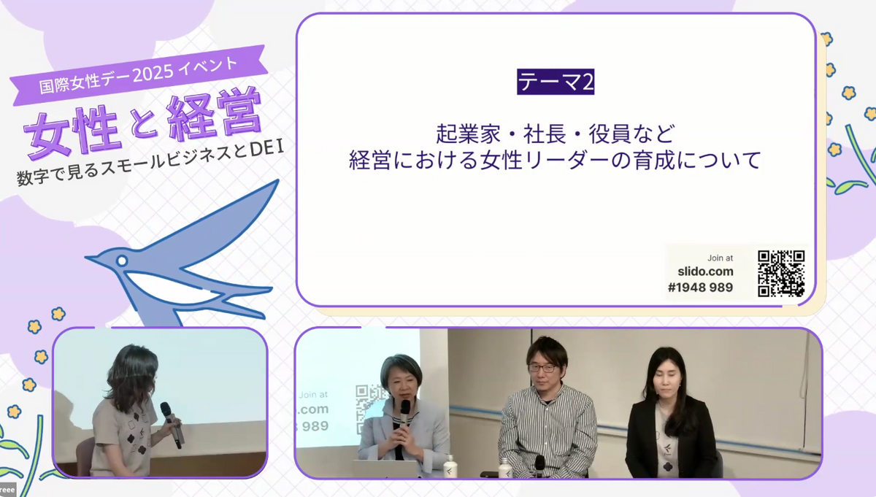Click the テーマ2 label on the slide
556,82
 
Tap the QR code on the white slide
781,274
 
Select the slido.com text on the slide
705,271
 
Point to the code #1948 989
700,288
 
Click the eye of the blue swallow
122,261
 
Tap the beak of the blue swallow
92,258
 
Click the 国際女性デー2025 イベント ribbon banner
139,75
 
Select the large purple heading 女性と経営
143,123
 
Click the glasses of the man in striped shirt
542,368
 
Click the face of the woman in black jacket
667,378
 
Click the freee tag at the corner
8,490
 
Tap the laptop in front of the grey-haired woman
385,469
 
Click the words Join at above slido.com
720,258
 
